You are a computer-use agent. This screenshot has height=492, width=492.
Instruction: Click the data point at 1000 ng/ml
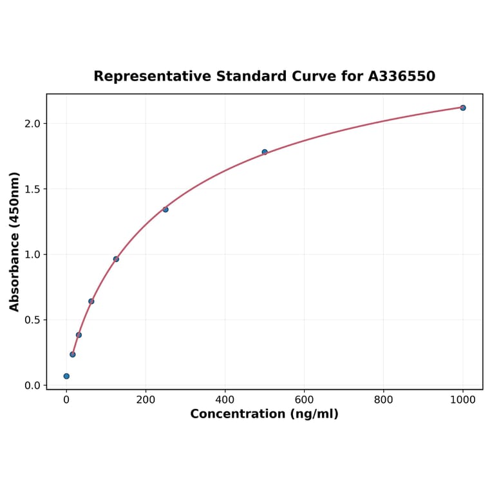click(462, 108)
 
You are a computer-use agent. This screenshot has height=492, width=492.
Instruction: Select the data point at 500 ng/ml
click(265, 152)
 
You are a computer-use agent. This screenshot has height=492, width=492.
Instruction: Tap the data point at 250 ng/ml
click(166, 209)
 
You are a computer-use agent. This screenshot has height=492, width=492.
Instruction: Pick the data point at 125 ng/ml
click(116, 259)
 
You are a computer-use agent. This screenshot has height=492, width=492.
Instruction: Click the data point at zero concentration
click(66, 376)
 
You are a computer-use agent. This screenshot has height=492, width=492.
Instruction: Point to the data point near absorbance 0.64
click(91, 301)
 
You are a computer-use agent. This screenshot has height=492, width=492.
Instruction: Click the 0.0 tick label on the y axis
click(32, 386)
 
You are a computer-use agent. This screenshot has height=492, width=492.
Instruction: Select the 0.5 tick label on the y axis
click(32, 320)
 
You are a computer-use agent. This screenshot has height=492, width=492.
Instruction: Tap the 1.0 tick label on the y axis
click(32, 254)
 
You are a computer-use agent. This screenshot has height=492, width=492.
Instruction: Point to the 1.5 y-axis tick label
click(32, 189)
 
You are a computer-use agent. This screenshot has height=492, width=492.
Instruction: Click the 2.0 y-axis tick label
click(32, 124)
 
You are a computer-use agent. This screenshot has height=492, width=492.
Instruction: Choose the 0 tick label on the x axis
click(66, 399)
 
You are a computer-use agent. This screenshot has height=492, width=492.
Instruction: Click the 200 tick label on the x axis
click(146, 399)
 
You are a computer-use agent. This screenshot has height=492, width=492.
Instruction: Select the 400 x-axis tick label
click(225, 399)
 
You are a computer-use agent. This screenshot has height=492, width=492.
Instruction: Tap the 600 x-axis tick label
click(304, 399)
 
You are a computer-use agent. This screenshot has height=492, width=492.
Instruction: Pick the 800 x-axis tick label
click(384, 399)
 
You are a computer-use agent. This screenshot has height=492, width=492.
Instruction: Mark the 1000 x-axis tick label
click(462, 399)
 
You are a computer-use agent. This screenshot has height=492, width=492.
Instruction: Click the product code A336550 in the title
click(401, 77)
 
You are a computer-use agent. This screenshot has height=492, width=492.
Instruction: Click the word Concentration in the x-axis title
click(236, 414)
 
